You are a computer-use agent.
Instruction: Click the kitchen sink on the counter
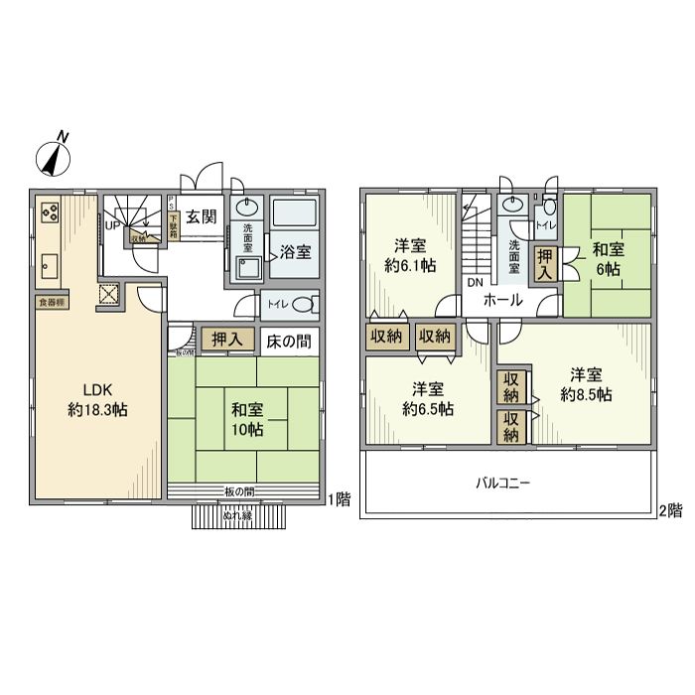click(50, 266)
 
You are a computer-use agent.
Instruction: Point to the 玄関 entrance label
click(202, 217)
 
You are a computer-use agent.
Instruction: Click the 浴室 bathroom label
click(294, 251)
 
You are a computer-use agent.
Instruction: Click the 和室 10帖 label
click(247, 418)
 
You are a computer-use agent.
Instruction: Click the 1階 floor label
click(340, 498)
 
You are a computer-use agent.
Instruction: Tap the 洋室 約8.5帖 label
click(585, 384)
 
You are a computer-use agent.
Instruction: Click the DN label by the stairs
click(475, 281)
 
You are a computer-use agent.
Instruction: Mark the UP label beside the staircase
click(112, 223)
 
